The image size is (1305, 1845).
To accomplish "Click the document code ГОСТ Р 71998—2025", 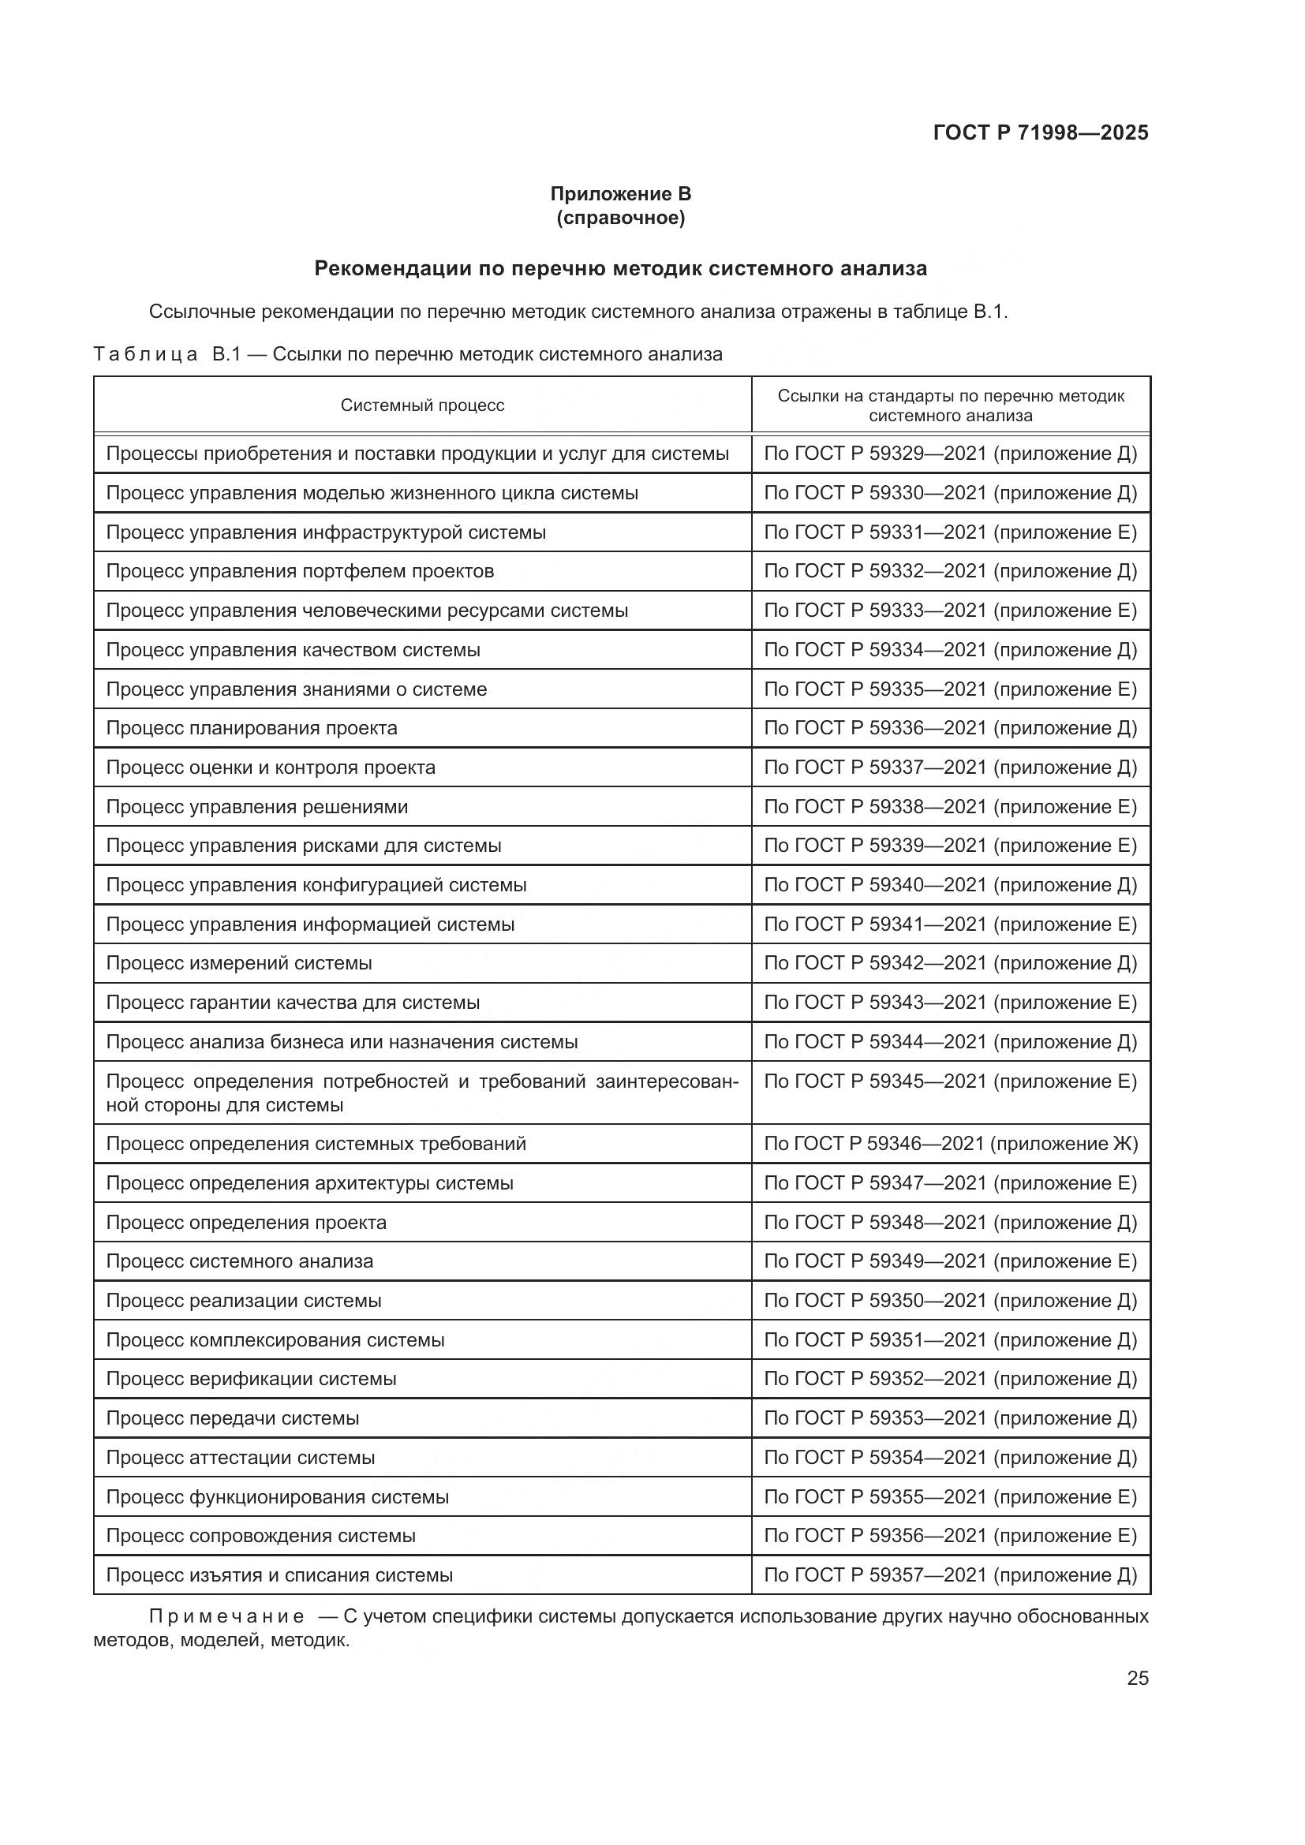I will coord(1041,133).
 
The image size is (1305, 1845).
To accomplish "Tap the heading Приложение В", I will coord(620,194).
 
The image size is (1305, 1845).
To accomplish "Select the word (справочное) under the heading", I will coord(620,218).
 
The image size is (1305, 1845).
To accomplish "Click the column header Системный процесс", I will coord(422,405).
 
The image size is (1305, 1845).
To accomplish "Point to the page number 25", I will coord(1137,1678).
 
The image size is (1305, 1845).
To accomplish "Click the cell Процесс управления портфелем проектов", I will coord(300,571).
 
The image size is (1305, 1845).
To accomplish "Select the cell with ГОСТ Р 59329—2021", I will coord(950,454).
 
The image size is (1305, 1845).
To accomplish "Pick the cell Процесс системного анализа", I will coord(240,1261).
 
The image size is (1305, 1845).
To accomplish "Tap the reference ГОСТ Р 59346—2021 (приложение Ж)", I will coord(951,1144).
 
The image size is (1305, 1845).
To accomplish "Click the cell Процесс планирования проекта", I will coord(252,728).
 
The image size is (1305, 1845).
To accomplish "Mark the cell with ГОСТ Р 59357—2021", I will coord(950,1575).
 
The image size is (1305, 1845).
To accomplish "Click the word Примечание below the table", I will coord(226,1616).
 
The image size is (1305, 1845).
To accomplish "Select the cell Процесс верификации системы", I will coord(251,1379).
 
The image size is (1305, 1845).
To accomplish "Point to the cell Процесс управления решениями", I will coord(256,807).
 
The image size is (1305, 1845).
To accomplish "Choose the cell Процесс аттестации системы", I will coord(241,1458).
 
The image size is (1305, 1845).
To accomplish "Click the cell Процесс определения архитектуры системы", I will coord(309,1183).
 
